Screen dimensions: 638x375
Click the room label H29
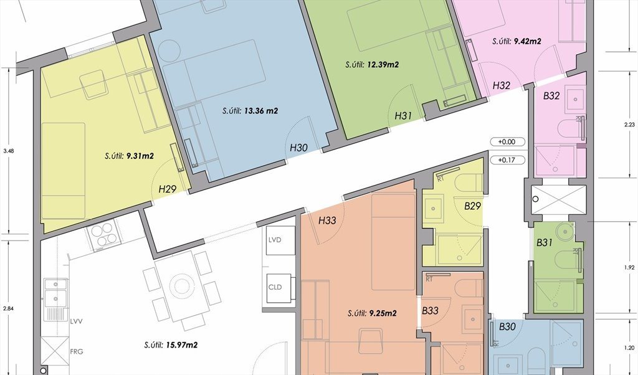[167, 189]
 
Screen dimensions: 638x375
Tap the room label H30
[298, 148]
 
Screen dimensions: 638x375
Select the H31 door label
[403, 116]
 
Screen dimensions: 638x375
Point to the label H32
[502, 85]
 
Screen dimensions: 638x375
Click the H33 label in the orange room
[327, 221]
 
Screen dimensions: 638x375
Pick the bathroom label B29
[472, 206]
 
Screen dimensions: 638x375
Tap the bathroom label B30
[507, 326]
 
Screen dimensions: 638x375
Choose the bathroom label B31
[545, 243]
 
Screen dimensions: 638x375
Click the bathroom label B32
[552, 95]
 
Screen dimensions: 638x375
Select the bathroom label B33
[430, 311]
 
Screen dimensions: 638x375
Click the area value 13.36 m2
[261, 110]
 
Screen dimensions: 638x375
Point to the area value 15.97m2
[182, 345]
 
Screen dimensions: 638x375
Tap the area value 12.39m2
[383, 64]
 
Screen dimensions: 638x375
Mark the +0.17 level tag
[507, 160]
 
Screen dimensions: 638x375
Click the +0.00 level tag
[507, 142]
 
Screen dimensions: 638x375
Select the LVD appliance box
[280, 240]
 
